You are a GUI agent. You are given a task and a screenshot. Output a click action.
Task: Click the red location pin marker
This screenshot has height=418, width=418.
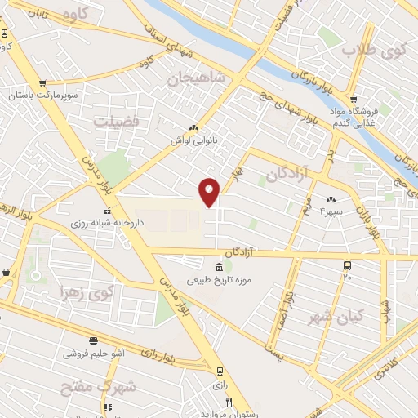[x=210, y=192]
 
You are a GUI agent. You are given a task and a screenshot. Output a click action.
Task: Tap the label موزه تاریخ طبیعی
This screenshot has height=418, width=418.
[x=219, y=280]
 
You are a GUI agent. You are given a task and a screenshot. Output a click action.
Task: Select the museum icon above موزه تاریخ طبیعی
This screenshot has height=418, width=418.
[x=219, y=268]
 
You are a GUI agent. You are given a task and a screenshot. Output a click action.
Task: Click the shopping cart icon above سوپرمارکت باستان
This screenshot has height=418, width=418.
[x=42, y=82]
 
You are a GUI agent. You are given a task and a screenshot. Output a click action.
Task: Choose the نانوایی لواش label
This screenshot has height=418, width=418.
[x=192, y=140]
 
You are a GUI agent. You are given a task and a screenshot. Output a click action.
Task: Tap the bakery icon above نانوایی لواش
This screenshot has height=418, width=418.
[x=193, y=127]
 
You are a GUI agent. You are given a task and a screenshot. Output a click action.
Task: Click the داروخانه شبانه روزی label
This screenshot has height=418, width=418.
[x=89, y=222]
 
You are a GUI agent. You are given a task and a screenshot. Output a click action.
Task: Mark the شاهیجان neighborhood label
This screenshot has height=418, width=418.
[x=193, y=79]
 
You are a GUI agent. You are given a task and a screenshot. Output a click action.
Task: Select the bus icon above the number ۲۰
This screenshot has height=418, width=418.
[x=348, y=266]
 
